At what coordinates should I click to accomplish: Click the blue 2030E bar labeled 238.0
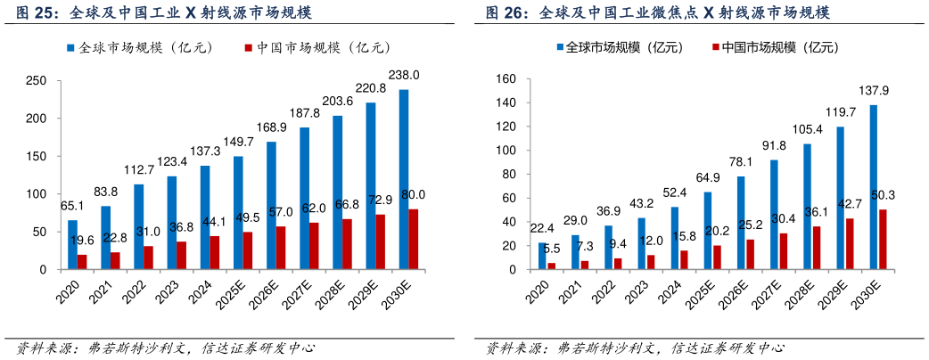(x=404, y=179)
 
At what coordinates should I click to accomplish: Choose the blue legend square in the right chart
(x=560, y=47)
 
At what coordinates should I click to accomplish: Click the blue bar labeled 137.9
(x=873, y=187)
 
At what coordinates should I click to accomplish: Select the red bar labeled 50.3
(x=884, y=239)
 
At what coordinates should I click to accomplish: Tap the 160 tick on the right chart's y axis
(x=506, y=79)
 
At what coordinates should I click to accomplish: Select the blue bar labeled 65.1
(x=72, y=244)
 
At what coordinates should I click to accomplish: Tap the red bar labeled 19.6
(x=83, y=261)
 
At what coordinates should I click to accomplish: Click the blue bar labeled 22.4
(x=542, y=256)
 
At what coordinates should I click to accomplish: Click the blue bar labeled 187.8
(x=305, y=198)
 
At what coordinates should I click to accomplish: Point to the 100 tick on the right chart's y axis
(x=506, y=151)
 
